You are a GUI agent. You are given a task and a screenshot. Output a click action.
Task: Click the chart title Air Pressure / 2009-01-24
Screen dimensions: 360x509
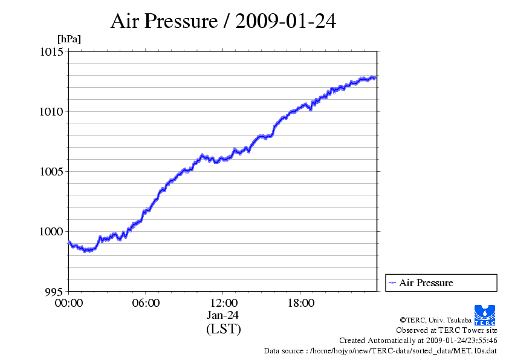(x=224, y=22)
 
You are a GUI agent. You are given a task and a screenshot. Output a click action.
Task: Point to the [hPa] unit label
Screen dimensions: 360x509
(x=69, y=39)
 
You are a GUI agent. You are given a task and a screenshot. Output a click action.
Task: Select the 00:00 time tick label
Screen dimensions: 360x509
(x=68, y=303)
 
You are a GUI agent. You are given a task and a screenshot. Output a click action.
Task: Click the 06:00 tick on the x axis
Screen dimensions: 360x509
(x=146, y=303)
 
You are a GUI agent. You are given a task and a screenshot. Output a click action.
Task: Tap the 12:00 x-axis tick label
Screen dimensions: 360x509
(x=223, y=303)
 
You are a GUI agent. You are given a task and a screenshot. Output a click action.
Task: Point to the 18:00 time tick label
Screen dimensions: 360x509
(x=300, y=303)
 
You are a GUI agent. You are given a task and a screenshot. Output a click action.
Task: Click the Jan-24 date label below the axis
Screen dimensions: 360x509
(x=223, y=315)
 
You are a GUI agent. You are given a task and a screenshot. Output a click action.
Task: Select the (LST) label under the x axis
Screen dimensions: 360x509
(x=223, y=329)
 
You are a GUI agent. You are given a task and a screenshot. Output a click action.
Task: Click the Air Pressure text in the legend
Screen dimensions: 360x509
(x=426, y=283)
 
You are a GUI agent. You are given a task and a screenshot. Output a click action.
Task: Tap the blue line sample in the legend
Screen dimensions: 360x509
(x=392, y=283)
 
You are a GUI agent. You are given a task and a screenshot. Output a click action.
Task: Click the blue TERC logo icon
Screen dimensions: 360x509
(x=485, y=314)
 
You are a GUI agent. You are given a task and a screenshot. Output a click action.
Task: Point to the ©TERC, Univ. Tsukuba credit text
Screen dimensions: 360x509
(x=435, y=320)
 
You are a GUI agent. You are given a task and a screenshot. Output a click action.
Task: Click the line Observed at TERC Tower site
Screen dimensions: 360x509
(x=447, y=330)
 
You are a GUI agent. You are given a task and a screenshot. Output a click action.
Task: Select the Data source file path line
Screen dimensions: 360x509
(x=381, y=351)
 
